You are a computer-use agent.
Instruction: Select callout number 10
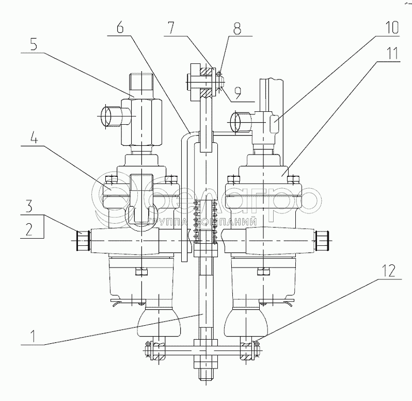[x=393, y=27]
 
